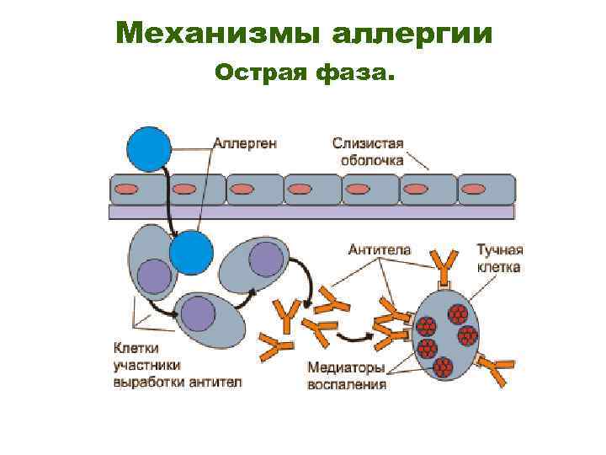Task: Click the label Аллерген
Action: (245, 143)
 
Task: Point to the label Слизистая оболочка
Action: (368, 151)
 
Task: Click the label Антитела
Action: (380, 249)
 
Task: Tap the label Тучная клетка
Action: (499, 258)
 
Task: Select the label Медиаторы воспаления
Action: (346, 376)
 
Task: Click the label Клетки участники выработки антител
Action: (177, 364)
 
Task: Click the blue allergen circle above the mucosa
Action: (149, 148)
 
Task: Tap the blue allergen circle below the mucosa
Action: (191, 252)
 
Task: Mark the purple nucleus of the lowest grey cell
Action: (199, 313)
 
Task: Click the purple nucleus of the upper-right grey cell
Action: (266, 259)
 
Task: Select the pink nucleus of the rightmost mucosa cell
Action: (474, 189)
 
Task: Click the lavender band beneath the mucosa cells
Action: (311, 212)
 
